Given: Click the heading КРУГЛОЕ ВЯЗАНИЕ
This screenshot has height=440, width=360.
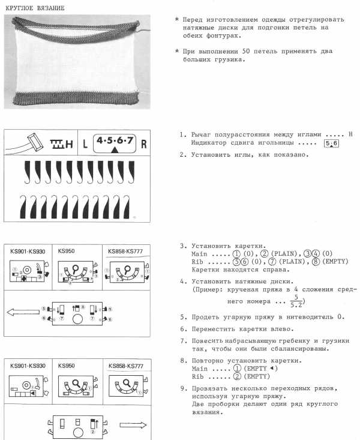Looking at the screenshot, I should pyautogui.click(x=34, y=8).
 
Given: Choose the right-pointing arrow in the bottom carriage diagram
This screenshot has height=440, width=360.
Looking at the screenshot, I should pyautogui.click(x=130, y=424).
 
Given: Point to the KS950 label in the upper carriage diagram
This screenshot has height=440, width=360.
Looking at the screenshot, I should pyautogui.click(x=68, y=250).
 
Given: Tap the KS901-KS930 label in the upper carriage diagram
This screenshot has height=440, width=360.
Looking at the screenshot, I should pyautogui.click(x=28, y=250).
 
